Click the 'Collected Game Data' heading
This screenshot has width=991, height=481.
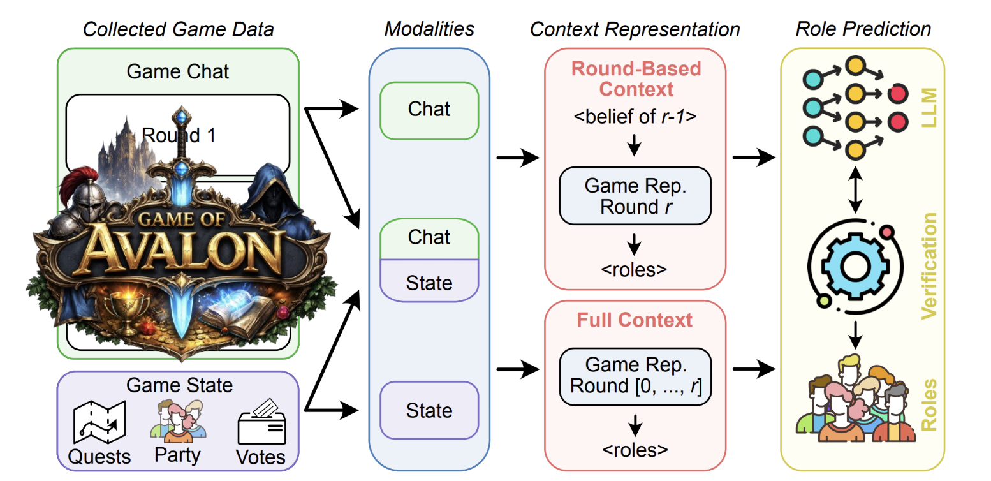point(178,29)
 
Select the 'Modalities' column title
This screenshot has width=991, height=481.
point(429,29)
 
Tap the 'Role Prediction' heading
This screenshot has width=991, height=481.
point(863,29)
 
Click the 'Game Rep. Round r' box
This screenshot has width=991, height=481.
point(635,196)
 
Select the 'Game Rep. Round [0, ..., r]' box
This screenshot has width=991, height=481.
point(635,376)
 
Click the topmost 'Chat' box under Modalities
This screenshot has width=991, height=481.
point(429,110)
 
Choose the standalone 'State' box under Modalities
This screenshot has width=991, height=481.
point(429,410)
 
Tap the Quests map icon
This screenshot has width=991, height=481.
point(99,423)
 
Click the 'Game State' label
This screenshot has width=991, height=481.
point(179,385)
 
